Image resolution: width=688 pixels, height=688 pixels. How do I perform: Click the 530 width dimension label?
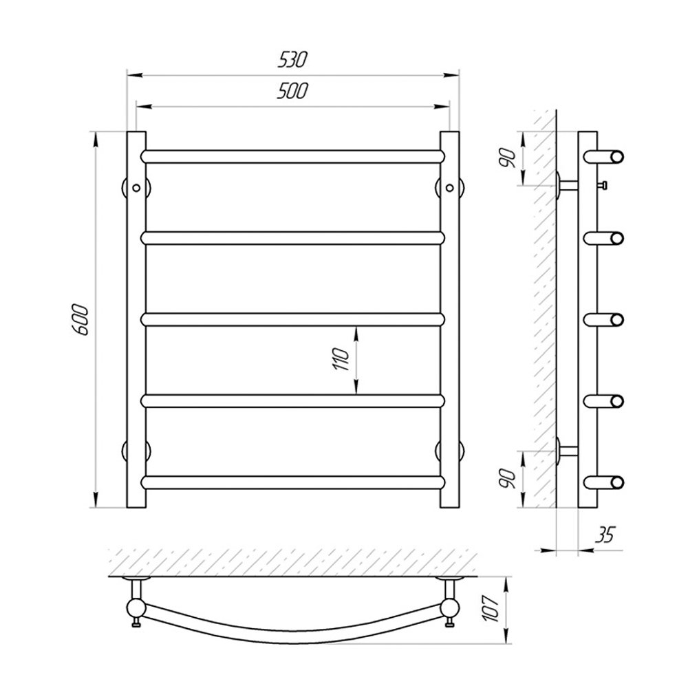[x=292, y=60]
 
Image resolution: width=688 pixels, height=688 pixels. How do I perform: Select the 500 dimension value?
[x=292, y=91]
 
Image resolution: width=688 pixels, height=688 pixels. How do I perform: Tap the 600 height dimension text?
[x=81, y=319]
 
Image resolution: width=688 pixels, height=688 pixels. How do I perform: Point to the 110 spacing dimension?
[x=341, y=359]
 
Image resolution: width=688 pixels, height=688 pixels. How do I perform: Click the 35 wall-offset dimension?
[x=605, y=535]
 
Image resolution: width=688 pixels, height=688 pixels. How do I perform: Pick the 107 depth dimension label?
[x=491, y=608]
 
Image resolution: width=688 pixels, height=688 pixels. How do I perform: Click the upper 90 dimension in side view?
[x=508, y=158]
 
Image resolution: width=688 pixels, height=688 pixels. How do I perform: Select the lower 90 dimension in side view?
[x=508, y=479]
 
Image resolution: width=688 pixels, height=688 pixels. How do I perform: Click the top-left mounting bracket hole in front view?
[x=136, y=188]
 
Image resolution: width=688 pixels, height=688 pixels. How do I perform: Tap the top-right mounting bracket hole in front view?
[x=449, y=188]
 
